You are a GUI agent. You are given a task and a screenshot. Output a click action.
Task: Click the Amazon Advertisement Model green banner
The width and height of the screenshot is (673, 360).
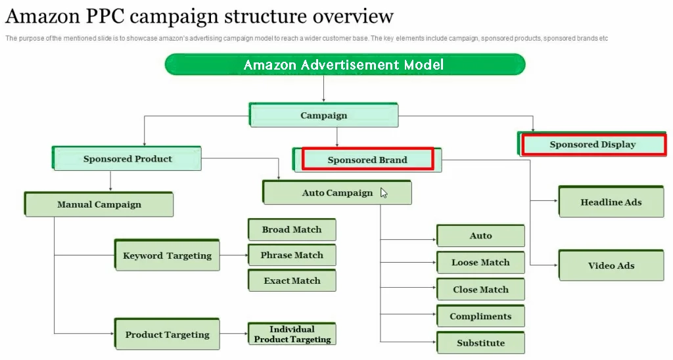(x=344, y=64)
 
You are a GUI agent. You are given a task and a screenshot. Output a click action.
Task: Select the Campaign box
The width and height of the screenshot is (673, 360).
(x=324, y=116)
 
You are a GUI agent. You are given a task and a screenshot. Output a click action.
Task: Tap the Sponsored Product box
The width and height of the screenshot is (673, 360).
(x=128, y=159)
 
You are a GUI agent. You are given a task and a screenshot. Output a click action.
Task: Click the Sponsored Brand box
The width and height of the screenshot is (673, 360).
(x=367, y=160)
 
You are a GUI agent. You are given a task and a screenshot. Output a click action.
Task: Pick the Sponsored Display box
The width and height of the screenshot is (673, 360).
(x=592, y=145)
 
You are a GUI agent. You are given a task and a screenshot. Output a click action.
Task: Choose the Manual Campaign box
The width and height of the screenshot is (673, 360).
(x=99, y=204)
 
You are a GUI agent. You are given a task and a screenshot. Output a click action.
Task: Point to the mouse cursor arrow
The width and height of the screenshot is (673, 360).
(x=384, y=192)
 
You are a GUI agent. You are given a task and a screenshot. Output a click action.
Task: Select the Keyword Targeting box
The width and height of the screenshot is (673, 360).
(x=167, y=256)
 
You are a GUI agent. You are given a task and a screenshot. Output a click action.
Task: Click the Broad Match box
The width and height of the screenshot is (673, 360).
(x=292, y=230)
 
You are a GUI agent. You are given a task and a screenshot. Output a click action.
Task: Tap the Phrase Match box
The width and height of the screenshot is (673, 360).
(x=292, y=255)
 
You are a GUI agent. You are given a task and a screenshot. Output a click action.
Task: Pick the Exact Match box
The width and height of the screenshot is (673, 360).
(x=292, y=281)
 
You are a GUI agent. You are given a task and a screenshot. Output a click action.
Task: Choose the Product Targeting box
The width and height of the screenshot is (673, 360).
(x=167, y=334)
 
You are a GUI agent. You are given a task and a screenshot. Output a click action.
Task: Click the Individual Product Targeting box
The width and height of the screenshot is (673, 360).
(x=292, y=334)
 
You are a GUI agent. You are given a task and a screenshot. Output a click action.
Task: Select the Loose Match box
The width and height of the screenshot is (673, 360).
(x=480, y=263)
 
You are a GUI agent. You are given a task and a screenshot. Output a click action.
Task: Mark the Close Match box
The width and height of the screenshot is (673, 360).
(x=480, y=290)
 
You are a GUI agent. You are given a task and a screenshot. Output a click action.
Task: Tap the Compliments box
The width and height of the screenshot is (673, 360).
(x=480, y=317)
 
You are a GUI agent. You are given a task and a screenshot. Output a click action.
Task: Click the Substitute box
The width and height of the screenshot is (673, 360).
(x=480, y=343)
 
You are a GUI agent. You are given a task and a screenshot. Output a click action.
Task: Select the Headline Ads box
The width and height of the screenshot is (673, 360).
(x=611, y=202)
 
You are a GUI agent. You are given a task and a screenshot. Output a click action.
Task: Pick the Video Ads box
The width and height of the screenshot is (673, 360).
(x=611, y=265)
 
